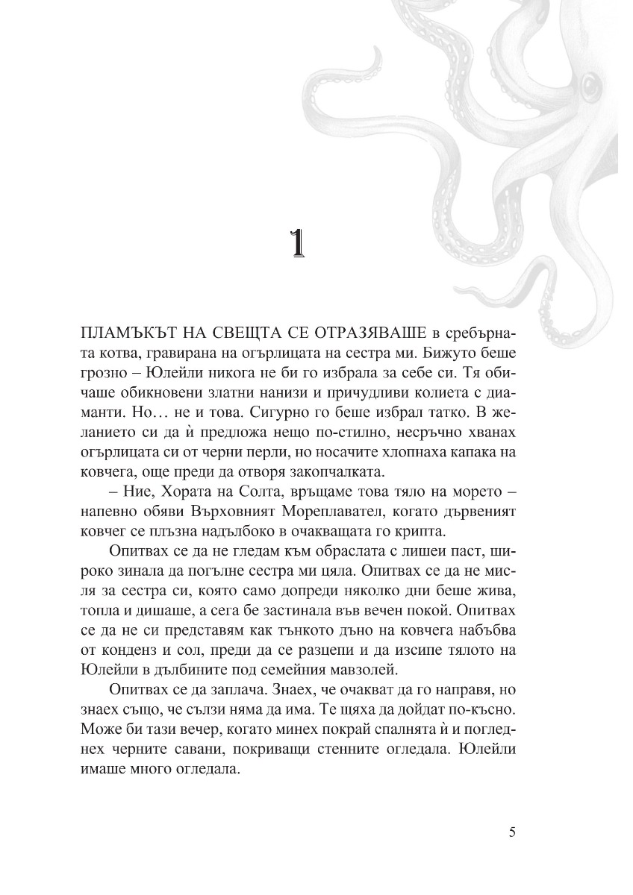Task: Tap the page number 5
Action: pyautogui.click(x=511, y=833)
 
